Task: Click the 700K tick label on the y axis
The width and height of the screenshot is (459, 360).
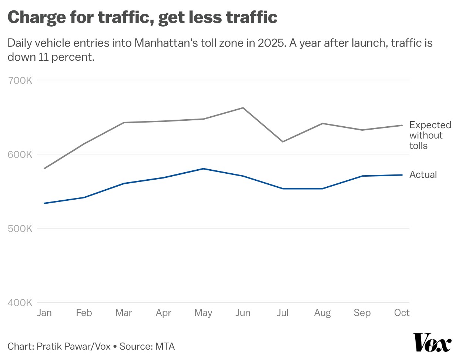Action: click(x=20, y=80)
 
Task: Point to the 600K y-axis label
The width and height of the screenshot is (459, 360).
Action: click(x=20, y=154)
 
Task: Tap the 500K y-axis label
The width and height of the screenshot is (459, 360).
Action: click(x=20, y=229)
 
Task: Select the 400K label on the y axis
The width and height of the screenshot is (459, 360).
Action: click(x=20, y=303)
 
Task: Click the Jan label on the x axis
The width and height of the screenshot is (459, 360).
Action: click(x=44, y=313)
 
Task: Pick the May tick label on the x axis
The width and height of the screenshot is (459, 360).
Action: click(x=203, y=313)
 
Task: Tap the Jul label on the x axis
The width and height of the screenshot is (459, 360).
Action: click(x=282, y=313)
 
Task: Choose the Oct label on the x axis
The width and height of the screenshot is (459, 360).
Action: click(x=402, y=313)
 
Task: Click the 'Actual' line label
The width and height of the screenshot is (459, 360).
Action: click(x=423, y=174)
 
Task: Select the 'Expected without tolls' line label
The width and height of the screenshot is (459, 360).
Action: click(x=430, y=135)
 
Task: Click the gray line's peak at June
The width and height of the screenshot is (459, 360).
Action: click(x=243, y=108)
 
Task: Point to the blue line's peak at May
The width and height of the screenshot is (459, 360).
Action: click(x=203, y=169)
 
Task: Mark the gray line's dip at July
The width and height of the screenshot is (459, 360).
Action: click(x=283, y=142)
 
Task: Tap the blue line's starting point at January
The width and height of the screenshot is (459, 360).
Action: click(x=44, y=203)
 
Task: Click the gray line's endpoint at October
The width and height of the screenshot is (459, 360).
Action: click(x=402, y=125)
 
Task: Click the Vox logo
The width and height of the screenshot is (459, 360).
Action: click(x=432, y=343)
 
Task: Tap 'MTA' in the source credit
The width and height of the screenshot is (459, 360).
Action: click(x=165, y=346)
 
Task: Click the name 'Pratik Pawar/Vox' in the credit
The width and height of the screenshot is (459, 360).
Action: click(x=74, y=346)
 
